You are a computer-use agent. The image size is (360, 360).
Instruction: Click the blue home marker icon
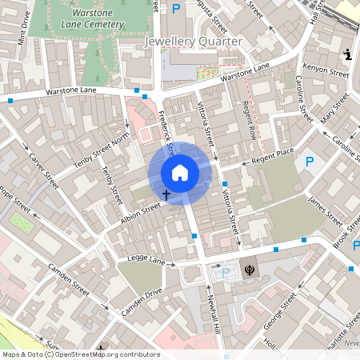point(180,173)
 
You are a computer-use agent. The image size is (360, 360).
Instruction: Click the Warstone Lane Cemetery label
point(82,20)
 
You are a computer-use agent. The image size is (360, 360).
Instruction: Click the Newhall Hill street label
point(213,312)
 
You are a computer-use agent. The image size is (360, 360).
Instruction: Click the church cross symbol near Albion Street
point(166,194)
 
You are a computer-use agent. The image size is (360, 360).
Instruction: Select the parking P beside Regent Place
point(310,162)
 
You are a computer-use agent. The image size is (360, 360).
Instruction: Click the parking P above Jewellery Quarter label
point(175,9)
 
